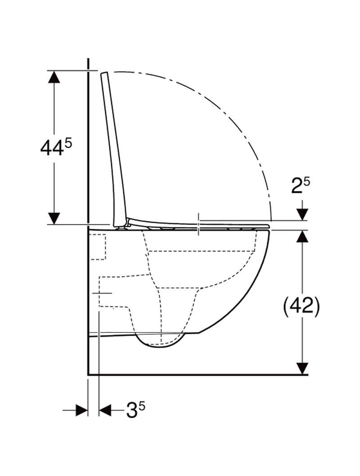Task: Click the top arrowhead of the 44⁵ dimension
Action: point(54,77)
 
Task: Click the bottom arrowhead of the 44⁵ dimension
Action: point(54,219)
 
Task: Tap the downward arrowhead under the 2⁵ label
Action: point(302,214)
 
